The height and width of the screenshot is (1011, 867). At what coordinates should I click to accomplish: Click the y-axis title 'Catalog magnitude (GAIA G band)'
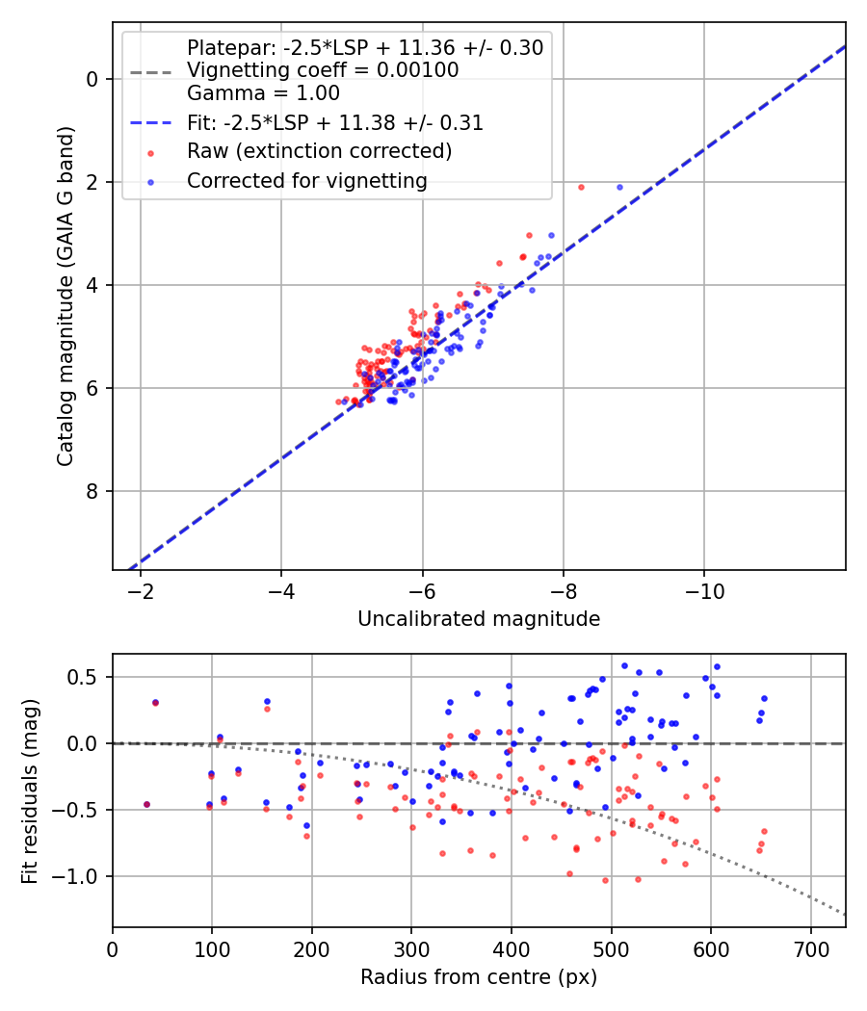tap(66, 296)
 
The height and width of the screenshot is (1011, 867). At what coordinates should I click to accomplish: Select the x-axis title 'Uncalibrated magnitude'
tap(479, 619)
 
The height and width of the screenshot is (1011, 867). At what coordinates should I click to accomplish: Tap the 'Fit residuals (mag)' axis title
tap(30, 791)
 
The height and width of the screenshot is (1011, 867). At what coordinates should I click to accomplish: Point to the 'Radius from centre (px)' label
tap(479, 977)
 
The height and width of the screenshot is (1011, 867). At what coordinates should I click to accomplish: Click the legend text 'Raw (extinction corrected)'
tap(319, 151)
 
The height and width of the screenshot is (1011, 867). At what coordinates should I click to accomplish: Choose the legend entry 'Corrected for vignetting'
tap(307, 181)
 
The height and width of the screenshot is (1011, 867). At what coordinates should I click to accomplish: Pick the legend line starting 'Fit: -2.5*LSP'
tap(335, 122)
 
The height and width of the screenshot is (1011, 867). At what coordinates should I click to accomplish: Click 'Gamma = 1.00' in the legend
tap(263, 93)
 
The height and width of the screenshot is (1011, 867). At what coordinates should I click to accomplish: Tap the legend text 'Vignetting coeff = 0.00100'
tap(323, 70)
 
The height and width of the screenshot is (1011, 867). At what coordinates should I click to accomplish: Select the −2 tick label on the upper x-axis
tap(140, 591)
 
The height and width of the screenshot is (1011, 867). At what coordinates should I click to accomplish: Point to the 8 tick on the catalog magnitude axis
tap(92, 491)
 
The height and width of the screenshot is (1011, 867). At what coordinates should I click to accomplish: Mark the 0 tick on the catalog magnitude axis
tap(92, 79)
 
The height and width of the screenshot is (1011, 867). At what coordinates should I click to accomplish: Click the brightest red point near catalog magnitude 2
tap(581, 188)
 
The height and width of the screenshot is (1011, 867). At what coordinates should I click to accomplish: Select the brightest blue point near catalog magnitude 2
tap(620, 188)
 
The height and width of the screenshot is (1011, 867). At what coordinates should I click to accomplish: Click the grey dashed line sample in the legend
tap(151, 72)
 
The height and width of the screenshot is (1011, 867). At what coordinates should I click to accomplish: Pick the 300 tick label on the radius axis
tap(411, 949)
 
